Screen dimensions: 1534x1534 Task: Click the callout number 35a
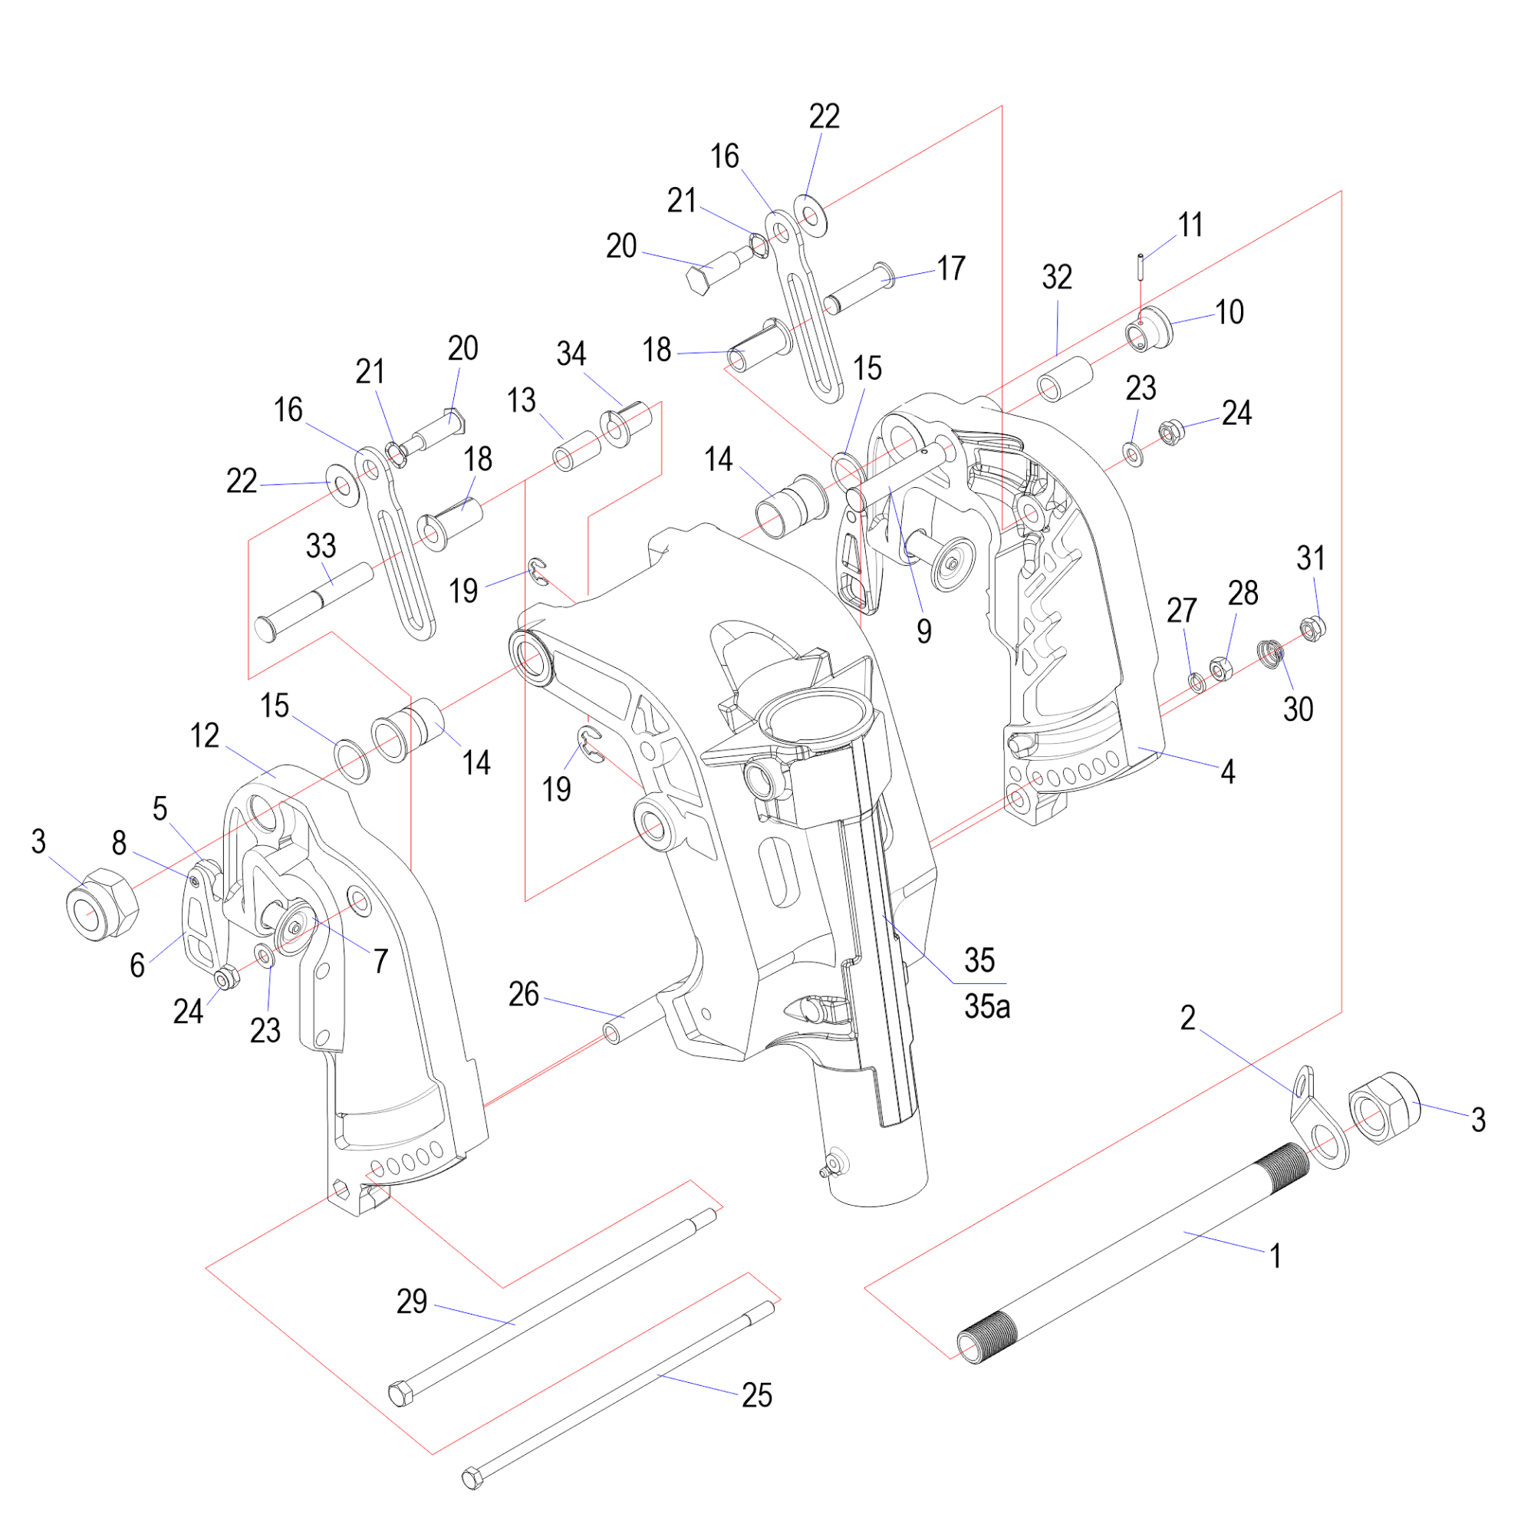pyautogui.click(x=987, y=1007)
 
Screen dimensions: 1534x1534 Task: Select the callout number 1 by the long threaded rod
pyautogui.click(x=1276, y=1256)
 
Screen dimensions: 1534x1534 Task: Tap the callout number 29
pyautogui.click(x=411, y=1302)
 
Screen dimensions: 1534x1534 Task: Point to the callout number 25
pyautogui.click(x=757, y=1395)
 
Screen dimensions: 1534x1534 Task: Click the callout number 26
pyautogui.click(x=523, y=994)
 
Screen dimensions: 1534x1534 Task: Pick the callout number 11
pyautogui.click(x=1190, y=225)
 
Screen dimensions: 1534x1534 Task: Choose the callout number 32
pyautogui.click(x=1057, y=277)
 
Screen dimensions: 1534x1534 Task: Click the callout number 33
pyautogui.click(x=321, y=545)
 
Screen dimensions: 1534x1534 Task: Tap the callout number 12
pyautogui.click(x=205, y=736)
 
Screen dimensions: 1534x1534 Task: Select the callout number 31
pyautogui.click(x=1311, y=558)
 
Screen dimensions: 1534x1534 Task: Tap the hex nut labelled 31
pyautogui.click(x=1312, y=630)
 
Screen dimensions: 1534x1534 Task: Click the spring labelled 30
pyautogui.click(x=1271, y=653)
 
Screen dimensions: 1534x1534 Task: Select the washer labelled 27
pyautogui.click(x=1197, y=681)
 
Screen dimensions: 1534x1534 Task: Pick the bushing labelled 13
pyautogui.click(x=574, y=452)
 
